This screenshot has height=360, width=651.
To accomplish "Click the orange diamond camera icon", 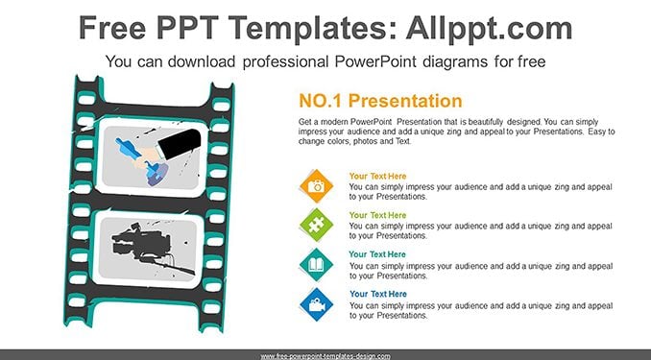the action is pyautogui.click(x=316, y=186).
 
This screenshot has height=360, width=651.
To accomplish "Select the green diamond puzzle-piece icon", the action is pyautogui.click(x=316, y=225).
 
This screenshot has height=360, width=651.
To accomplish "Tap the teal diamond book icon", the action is pyautogui.click(x=316, y=265).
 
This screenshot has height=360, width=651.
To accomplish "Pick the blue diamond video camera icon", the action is pyautogui.click(x=316, y=304).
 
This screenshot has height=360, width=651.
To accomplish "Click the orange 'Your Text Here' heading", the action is pyautogui.click(x=377, y=176).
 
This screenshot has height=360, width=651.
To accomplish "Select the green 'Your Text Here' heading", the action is pyautogui.click(x=377, y=215).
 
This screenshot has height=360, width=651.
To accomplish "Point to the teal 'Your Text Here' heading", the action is pyautogui.click(x=377, y=254).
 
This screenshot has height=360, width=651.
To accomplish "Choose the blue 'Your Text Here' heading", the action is pyautogui.click(x=377, y=294).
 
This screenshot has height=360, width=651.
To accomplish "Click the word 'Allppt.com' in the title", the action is pyautogui.click(x=489, y=29).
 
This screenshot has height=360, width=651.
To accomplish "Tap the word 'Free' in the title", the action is pyautogui.click(x=112, y=28).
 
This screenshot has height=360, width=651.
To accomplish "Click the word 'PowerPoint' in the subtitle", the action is pyautogui.click(x=375, y=61).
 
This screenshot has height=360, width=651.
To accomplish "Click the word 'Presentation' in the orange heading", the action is pyautogui.click(x=405, y=101).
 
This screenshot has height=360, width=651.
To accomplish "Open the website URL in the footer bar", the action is pyautogui.click(x=325, y=356).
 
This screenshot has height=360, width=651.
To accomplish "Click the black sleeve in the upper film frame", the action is pyautogui.click(x=180, y=144).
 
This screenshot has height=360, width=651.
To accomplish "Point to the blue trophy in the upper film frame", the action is pyautogui.click(x=140, y=160).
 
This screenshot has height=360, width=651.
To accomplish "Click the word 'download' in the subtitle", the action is pyautogui.click(x=202, y=61).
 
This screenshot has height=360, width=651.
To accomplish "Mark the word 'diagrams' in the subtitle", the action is pyautogui.click(x=455, y=62).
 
